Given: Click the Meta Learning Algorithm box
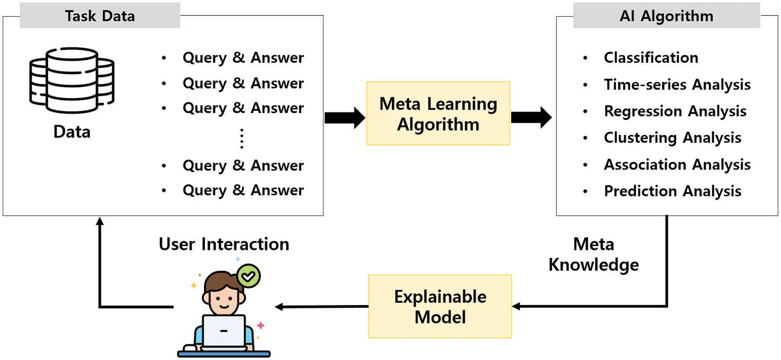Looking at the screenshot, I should [x=438, y=114].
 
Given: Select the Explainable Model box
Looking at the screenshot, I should [x=440, y=306].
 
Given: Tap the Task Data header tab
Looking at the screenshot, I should [x=100, y=16].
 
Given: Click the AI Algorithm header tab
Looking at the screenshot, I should [x=666, y=16].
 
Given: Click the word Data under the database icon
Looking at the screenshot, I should [x=72, y=132].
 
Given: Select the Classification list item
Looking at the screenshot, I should [x=651, y=57].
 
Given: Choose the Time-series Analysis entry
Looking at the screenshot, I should [x=677, y=84].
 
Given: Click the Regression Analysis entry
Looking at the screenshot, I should [x=675, y=111].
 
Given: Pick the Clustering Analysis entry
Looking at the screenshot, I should [x=672, y=138].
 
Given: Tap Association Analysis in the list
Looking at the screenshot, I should [x=677, y=165].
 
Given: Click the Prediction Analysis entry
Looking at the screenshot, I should [x=672, y=191].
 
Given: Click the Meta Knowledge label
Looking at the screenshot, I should [x=593, y=254].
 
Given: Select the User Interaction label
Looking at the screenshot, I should [x=224, y=244].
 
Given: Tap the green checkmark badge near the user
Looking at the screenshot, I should [x=249, y=276].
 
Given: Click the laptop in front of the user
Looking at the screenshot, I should [x=223, y=332].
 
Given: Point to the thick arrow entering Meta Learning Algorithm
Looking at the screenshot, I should [x=345, y=117].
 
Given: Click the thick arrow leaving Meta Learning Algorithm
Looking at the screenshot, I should [x=531, y=117].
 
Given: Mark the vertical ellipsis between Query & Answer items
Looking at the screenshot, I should [x=242, y=138].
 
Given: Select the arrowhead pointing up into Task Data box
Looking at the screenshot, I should [x=100, y=222].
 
